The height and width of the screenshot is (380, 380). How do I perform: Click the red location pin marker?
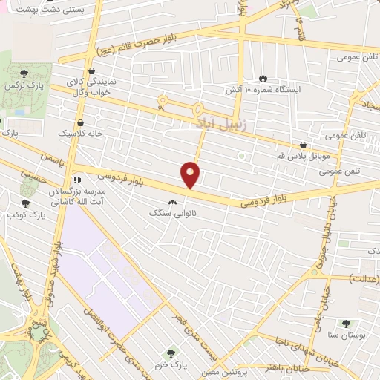(x=191, y=175)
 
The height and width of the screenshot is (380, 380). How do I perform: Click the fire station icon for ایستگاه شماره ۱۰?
(x=263, y=78)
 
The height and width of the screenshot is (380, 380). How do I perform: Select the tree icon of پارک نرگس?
(x=24, y=73)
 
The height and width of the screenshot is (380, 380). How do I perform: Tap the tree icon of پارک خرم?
(x=171, y=353)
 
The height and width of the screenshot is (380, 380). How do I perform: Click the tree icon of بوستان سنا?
(x=346, y=323)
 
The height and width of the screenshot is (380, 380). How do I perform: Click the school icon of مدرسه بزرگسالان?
(x=76, y=180)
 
